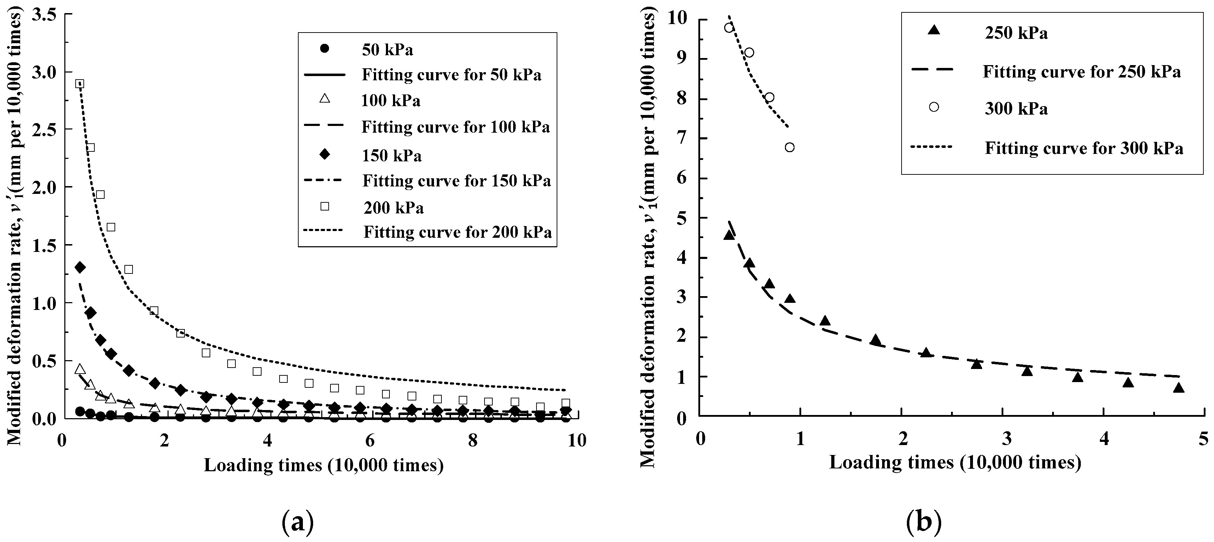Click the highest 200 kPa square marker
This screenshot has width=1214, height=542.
[x=80, y=84]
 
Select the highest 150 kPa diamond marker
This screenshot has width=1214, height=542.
[x=80, y=267]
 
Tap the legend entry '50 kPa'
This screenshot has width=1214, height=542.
[x=387, y=50]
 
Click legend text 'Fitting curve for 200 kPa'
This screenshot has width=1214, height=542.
[x=457, y=232]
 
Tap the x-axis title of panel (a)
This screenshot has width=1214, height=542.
[x=324, y=465]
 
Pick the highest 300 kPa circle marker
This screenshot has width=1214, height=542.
[x=729, y=28]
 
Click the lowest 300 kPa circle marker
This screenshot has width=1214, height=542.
[x=790, y=147]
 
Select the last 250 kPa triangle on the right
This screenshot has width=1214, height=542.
[x=1179, y=388]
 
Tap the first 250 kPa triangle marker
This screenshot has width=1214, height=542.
[x=729, y=235]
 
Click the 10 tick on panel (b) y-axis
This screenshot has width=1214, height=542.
[x=678, y=19]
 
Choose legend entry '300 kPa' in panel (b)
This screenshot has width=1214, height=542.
[x=1016, y=109]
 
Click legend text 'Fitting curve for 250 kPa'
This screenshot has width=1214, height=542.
[x=1081, y=72]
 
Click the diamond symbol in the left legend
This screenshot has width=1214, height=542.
[x=324, y=154]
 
